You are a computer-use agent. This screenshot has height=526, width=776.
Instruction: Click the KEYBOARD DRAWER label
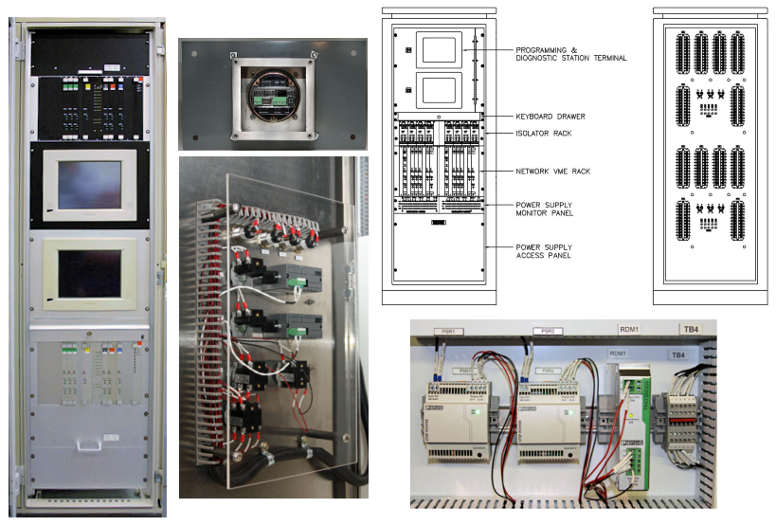[550, 117]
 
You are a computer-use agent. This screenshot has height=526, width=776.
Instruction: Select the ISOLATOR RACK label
[543, 134]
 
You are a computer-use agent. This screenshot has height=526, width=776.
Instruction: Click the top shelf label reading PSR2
[546, 332]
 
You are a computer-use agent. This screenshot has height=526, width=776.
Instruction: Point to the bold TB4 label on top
[691, 331]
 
